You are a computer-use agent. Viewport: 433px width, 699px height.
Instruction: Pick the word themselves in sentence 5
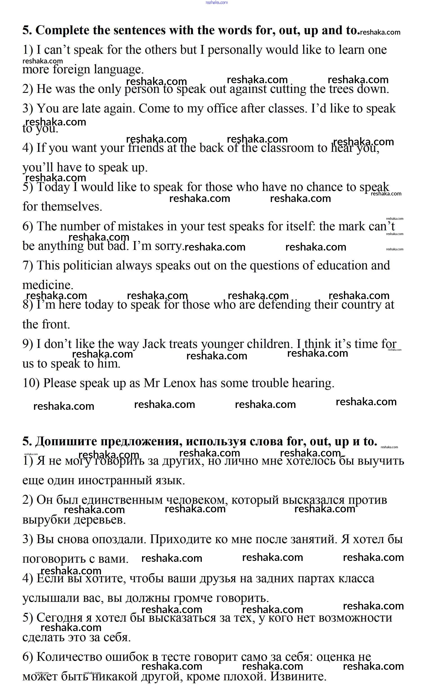click(x=71, y=207)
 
